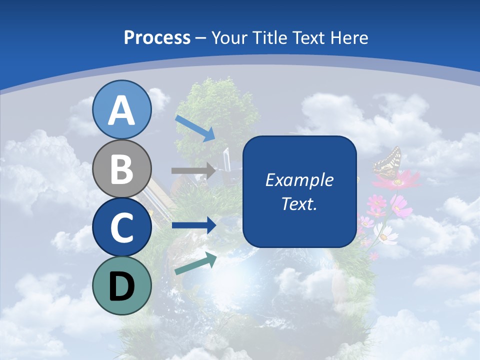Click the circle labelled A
[122, 109]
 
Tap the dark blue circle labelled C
[122, 227]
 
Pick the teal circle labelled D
[122, 285]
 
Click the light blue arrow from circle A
[195, 127]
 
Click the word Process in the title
[157, 37]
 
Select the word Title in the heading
[269, 37]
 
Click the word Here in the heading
[349, 37]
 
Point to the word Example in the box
[299, 180]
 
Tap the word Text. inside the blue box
[299, 203]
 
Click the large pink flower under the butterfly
[397, 180]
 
